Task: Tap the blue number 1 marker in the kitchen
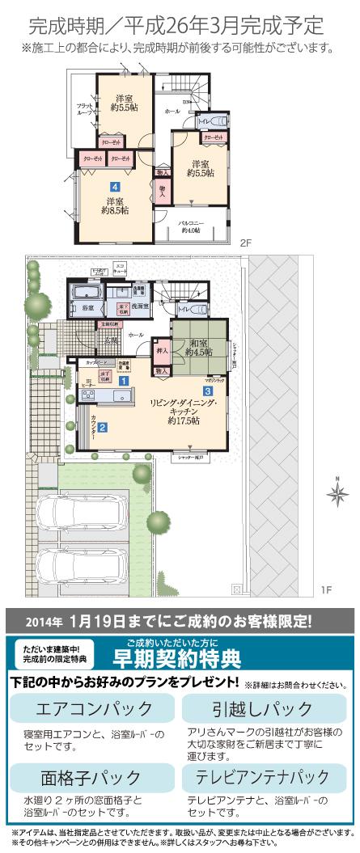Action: [x=124, y=380]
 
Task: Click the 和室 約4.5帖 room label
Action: [x=198, y=347]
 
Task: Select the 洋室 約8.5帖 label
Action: [x=112, y=205]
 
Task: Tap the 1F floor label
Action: [x=325, y=590]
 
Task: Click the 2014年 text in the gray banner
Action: [x=44, y=623]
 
